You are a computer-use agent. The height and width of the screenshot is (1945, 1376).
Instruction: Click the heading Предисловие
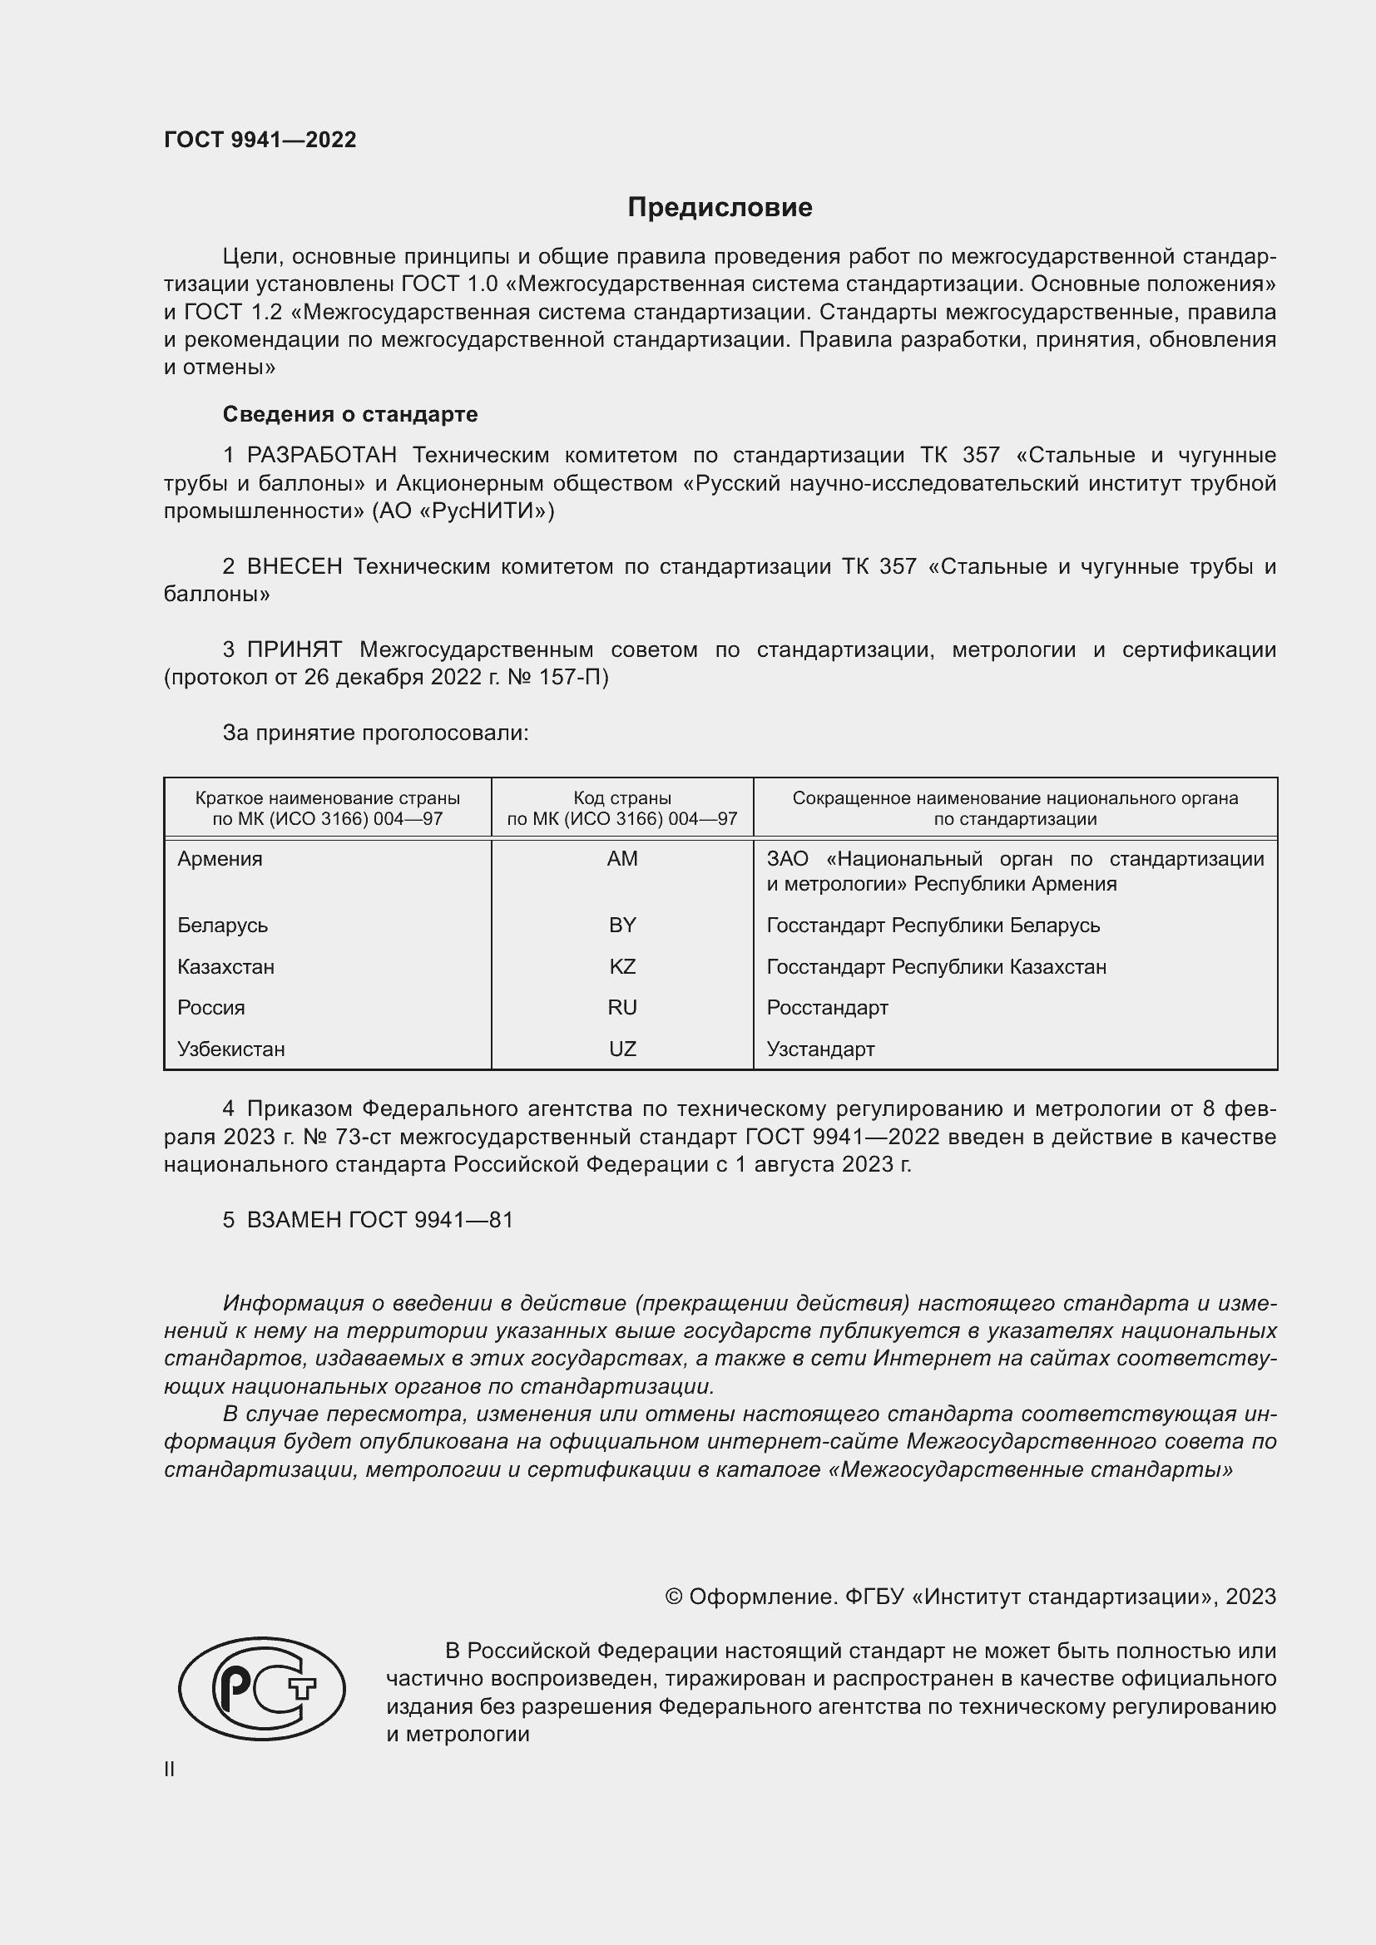click(x=720, y=208)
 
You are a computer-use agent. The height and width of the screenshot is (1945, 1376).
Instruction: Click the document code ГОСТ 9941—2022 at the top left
click(x=260, y=140)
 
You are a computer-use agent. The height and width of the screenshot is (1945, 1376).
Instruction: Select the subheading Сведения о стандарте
click(x=350, y=414)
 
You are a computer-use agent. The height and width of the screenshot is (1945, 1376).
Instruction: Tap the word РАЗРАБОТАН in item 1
click(x=322, y=456)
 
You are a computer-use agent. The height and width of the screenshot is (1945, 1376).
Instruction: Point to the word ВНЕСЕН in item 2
click(x=294, y=567)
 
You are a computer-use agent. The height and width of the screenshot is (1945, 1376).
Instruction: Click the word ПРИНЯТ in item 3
click(x=294, y=649)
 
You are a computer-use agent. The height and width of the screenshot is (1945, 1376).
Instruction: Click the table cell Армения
click(x=220, y=859)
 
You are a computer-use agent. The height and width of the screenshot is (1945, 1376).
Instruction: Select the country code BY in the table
click(x=622, y=925)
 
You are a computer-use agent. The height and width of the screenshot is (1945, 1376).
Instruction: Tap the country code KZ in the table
click(x=622, y=966)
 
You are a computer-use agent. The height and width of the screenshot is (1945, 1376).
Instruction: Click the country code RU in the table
click(x=622, y=1007)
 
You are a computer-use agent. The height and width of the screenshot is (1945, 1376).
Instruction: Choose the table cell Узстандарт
click(x=820, y=1049)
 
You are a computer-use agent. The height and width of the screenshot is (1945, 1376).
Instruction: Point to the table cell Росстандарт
click(x=827, y=1007)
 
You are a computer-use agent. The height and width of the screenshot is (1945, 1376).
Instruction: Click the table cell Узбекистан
click(x=231, y=1049)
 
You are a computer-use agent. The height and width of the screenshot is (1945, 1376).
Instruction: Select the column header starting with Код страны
click(x=622, y=808)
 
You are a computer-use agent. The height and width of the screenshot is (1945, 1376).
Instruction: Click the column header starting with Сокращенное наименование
click(x=1015, y=808)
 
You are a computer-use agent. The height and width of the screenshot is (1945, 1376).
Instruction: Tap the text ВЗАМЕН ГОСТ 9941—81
click(x=379, y=1220)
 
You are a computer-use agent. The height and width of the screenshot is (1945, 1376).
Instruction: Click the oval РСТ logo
click(x=262, y=1688)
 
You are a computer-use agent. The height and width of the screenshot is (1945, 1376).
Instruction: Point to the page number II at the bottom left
click(x=170, y=1769)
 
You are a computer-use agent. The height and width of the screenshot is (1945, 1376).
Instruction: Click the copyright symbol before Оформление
click(x=674, y=1597)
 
